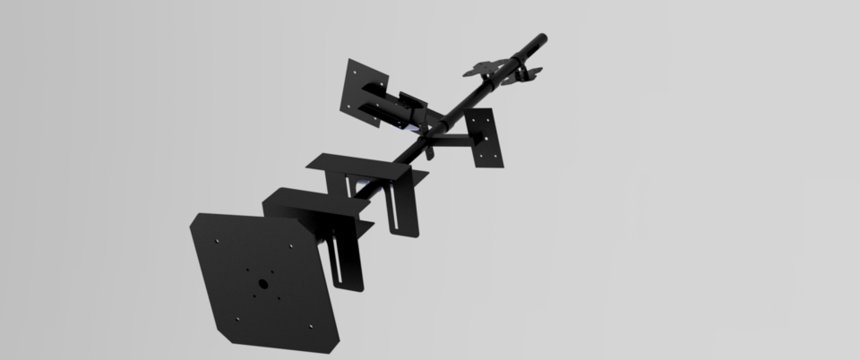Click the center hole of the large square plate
[x=262, y=283]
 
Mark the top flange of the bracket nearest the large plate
[x=309, y=201]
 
